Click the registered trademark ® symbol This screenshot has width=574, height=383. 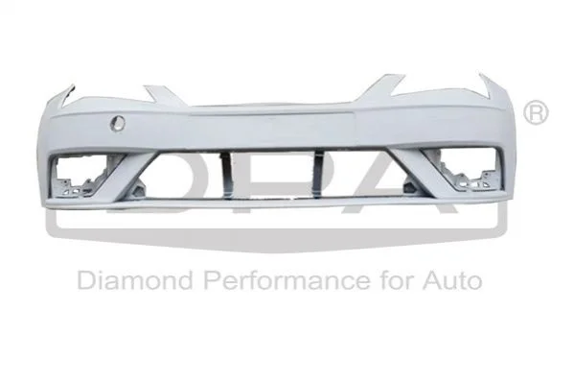click(536, 113)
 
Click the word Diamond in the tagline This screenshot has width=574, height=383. click(135, 280)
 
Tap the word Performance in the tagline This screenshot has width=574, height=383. click(287, 280)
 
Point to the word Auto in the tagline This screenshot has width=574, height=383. click(452, 280)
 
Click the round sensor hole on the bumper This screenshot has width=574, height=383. click(118, 123)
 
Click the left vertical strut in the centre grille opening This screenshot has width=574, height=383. click(226, 175)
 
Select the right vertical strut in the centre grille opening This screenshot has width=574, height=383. click(318, 173)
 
